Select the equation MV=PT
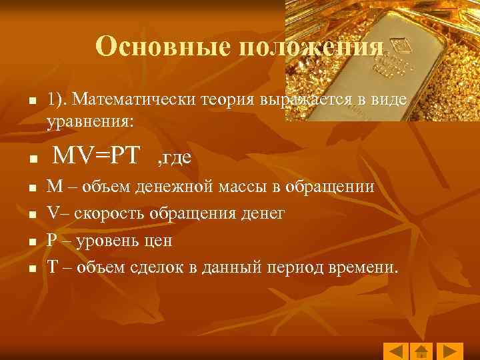point(97,155)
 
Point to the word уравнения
point(90,121)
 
